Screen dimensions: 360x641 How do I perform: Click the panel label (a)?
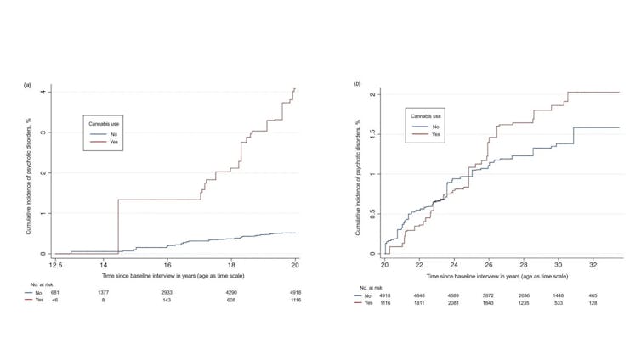click(28, 86)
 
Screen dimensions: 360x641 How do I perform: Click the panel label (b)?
click(358, 84)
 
